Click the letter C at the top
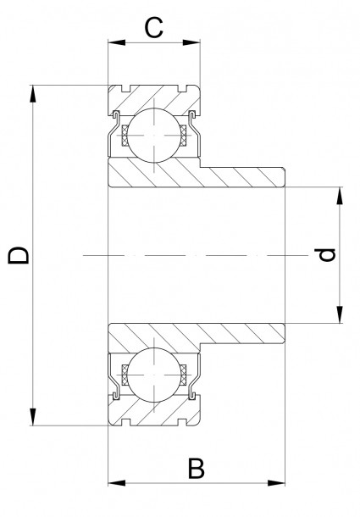153,28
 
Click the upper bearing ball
153,133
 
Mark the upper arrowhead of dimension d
340,193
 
